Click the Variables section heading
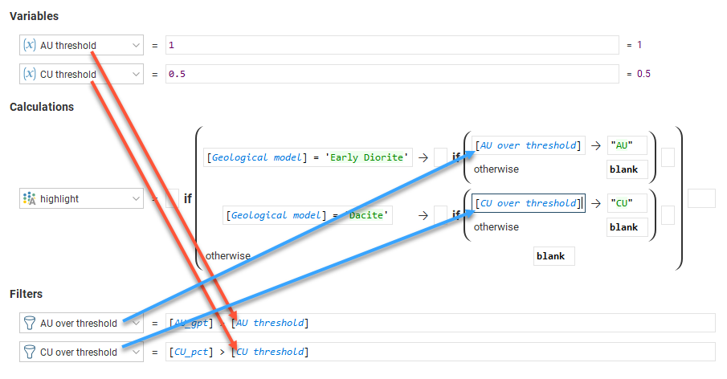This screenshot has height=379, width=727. (34, 16)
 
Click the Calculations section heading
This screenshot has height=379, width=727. (42, 107)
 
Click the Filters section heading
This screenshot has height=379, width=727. (26, 295)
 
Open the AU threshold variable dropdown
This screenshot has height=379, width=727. (134, 46)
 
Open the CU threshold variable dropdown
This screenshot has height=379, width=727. (134, 75)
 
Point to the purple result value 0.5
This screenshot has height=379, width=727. (643, 75)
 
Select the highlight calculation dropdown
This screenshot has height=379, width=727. (81, 198)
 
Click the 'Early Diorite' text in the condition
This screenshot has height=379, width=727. (374, 157)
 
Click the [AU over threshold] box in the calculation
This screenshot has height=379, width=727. (528, 145)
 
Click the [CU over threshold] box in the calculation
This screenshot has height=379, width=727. (528, 203)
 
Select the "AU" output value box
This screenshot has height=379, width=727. (627, 145)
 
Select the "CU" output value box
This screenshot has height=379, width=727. (627, 203)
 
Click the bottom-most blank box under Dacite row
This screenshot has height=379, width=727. (554, 256)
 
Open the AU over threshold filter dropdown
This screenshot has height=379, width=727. (134, 323)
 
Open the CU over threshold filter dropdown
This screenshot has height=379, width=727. (134, 352)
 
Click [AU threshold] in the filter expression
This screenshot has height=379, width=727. (269, 323)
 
